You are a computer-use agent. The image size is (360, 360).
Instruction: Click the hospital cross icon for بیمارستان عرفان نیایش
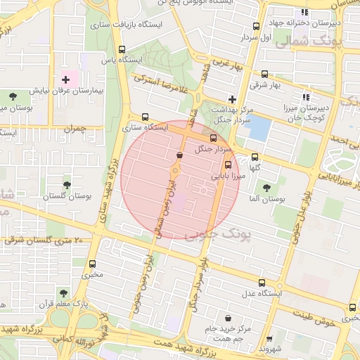point(65,80)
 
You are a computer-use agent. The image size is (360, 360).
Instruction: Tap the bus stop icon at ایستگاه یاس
point(122,49)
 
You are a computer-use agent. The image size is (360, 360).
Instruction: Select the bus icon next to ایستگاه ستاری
point(146,117)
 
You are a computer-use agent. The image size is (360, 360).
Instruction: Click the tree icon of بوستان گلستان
point(67,185)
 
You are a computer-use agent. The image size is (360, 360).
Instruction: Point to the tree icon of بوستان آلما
point(266,188)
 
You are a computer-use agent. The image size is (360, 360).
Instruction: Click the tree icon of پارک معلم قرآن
point(64,293)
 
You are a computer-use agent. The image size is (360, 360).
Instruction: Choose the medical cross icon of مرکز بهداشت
point(232,100)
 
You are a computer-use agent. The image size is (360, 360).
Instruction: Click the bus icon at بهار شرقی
point(264,74)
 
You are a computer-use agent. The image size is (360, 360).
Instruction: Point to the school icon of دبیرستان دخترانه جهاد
point(304,12)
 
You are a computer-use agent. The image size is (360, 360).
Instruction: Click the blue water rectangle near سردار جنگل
point(259,129)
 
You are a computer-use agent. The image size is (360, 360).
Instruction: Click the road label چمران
point(73,129)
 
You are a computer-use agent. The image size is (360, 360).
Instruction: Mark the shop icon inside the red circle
point(179,155)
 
